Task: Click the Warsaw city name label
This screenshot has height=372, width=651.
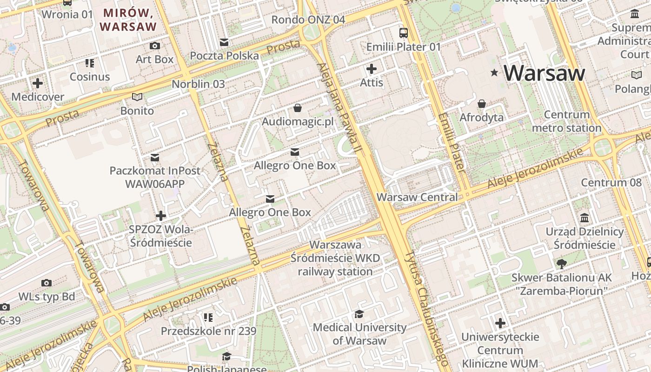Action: tap(544, 73)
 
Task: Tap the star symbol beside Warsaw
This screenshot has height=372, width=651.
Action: tap(494, 73)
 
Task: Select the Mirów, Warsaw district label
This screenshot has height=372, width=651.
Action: tap(128, 20)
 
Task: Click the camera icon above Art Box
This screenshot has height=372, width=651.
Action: tap(154, 46)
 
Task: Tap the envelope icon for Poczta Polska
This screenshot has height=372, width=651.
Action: tap(224, 42)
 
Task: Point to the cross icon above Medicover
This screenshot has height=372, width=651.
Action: tap(38, 84)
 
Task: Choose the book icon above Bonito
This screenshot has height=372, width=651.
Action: tap(137, 97)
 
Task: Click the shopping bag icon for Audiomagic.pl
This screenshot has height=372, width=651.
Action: tap(298, 108)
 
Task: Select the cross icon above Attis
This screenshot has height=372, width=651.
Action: tap(372, 69)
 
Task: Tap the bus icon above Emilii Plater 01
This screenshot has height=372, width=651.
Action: tap(403, 33)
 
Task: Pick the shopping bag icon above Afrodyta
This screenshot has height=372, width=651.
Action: tap(482, 103)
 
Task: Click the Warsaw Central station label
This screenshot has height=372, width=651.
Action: tap(417, 197)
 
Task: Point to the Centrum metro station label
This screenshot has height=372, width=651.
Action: tap(566, 121)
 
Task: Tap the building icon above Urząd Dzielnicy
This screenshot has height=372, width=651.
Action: tap(585, 218)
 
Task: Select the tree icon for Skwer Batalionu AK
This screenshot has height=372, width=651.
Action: tap(561, 264)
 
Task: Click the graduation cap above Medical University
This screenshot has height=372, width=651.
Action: tap(359, 314)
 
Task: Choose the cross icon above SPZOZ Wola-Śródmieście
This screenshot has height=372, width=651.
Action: tap(161, 216)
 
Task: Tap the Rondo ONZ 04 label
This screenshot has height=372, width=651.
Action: tap(308, 20)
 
